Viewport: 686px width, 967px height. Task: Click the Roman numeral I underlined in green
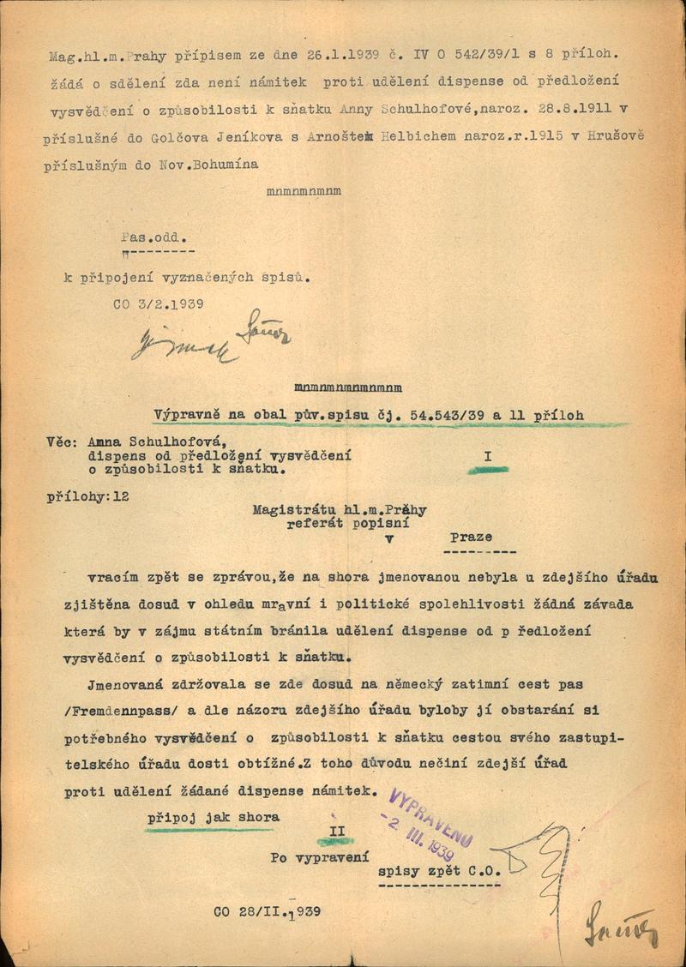(x=487, y=457)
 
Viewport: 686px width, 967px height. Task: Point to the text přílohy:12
(x=88, y=496)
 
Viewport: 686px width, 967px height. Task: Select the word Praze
(x=471, y=537)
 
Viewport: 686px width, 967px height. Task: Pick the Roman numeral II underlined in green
(x=337, y=832)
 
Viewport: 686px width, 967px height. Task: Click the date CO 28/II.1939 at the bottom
(x=267, y=911)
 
